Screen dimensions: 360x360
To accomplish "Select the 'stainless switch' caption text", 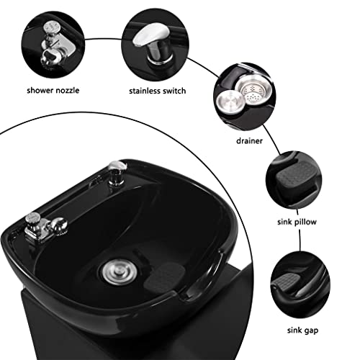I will coord(158,91).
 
